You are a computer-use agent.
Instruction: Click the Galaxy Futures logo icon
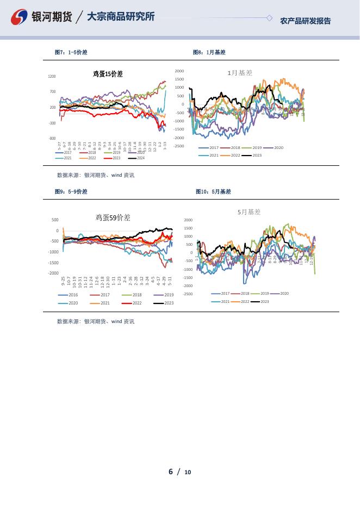pos(20,17)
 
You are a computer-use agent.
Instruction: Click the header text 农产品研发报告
pos(305,21)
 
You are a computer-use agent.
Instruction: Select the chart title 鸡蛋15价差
pos(108,74)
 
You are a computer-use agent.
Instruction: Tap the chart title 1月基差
pos(240,72)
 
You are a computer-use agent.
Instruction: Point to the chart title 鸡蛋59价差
pos(113,218)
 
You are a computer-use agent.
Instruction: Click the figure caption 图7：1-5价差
pos(71,53)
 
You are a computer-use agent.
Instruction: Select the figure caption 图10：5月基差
pos(213,192)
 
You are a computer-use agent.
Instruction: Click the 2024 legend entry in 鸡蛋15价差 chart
pos(136,158)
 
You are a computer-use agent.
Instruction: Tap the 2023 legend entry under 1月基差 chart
pos(253,156)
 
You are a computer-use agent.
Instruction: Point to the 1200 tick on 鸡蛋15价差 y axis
pos(52,77)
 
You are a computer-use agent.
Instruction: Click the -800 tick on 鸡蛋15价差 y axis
pos(52,139)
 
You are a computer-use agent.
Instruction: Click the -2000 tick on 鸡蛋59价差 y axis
pos(53,273)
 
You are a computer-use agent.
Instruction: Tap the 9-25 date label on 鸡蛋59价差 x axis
pos(63,281)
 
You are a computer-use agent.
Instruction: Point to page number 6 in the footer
pos(171,471)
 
